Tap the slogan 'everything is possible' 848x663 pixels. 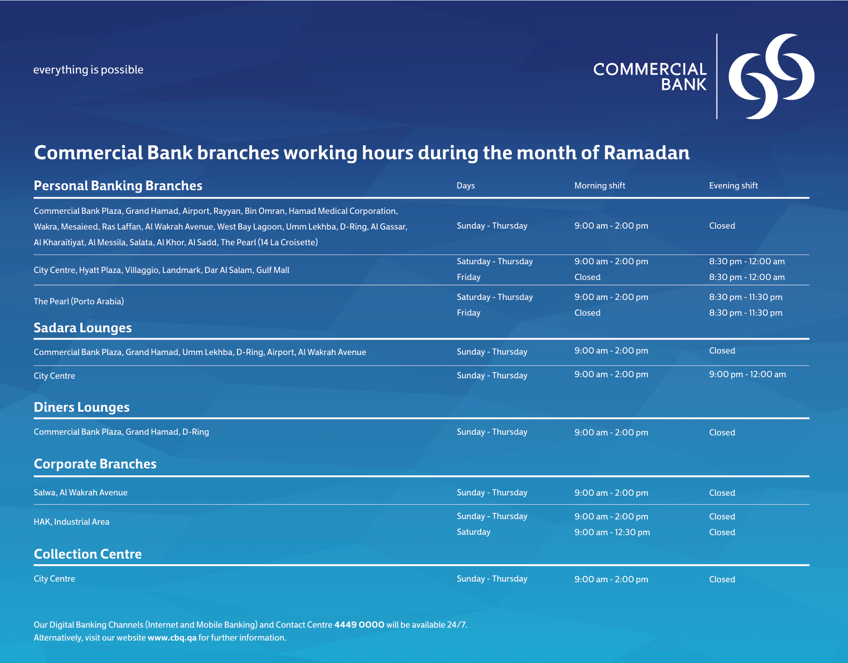[x=88, y=70]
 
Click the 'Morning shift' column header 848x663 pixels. [x=600, y=186]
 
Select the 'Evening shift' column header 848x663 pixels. [x=734, y=186]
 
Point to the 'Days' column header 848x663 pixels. [x=466, y=186]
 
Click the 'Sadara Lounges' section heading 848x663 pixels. [x=83, y=328]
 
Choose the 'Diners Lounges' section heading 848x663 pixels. [x=82, y=407]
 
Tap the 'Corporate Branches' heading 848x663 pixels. [x=95, y=464]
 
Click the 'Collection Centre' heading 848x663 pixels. [x=88, y=554]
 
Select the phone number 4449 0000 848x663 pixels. [x=359, y=625]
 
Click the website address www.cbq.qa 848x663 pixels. [x=172, y=638]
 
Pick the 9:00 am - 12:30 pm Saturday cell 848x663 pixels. [x=612, y=532]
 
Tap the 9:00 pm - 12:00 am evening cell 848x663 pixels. [x=747, y=374]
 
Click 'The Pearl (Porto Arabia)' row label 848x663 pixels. [x=79, y=301]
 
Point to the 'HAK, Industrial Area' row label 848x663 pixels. [x=71, y=522]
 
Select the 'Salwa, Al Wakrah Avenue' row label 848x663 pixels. [x=80, y=493]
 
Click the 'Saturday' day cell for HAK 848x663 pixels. [x=474, y=532]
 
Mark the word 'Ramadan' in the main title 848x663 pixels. [x=646, y=153]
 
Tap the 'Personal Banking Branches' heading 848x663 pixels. [x=118, y=186]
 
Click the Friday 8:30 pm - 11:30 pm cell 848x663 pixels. [x=746, y=313]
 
